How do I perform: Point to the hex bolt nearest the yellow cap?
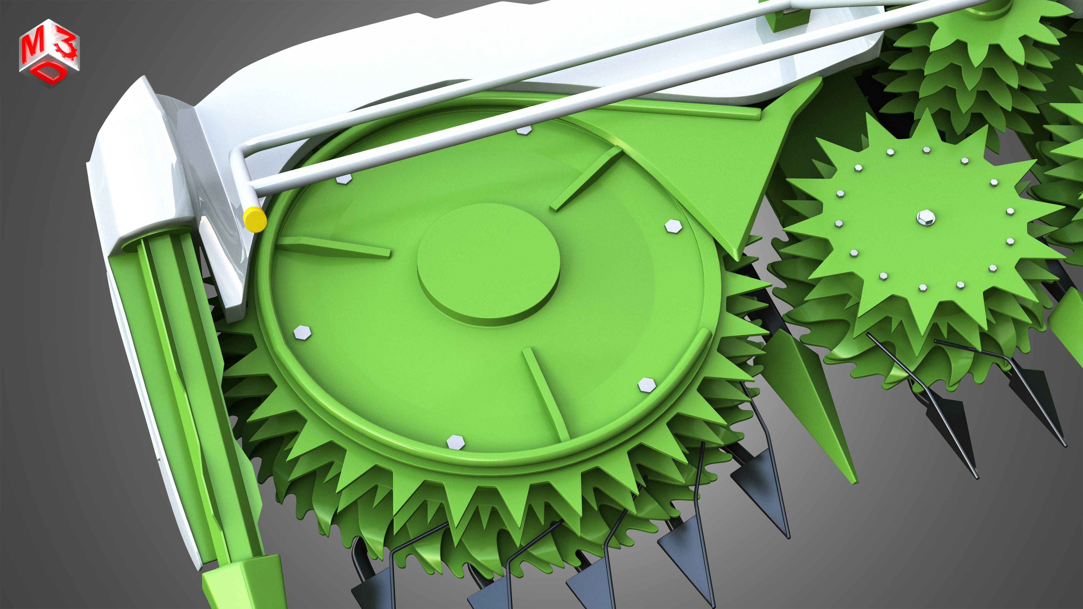(344, 179)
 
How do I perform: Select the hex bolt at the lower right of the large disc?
(646, 385)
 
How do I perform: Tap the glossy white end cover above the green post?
(139, 168)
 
